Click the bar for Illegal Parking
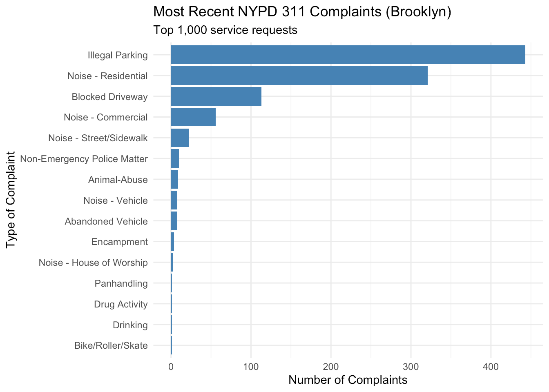(x=348, y=55)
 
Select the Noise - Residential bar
(x=299, y=76)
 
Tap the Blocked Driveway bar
(x=216, y=96)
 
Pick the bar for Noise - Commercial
(x=193, y=117)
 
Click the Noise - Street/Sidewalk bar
(x=180, y=138)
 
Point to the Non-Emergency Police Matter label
(x=84, y=159)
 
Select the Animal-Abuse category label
(x=118, y=180)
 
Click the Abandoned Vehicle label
(x=106, y=221)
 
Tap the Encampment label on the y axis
(x=119, y=242)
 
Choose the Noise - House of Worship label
(x=93, y=263)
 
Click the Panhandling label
(x=121, y=283)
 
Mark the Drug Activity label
(x=121, y=304)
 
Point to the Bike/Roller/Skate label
(x=111, y=346)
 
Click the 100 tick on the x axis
(x=251, y=367)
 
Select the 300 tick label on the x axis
(x=411, y=367)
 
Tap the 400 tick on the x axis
(x=491, y=367)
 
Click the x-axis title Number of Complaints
(x=348, y=380)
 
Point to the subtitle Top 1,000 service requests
(x=225, y=30)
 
